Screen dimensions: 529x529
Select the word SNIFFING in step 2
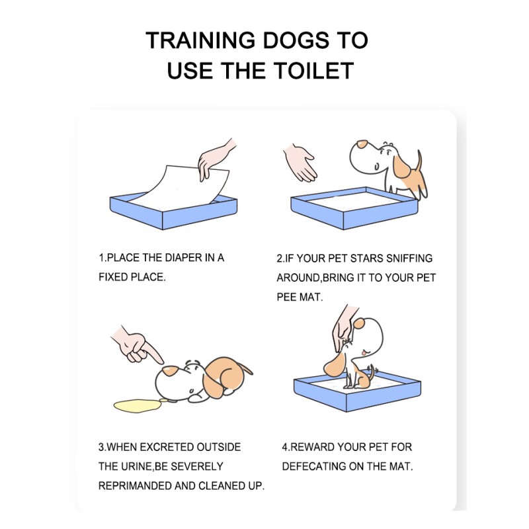click(x=409, y=258)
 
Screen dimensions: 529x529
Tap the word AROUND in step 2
click(x=298, y=278)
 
